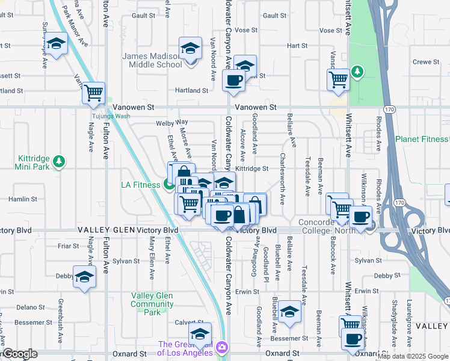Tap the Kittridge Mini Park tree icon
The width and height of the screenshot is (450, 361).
pyautogui.click(x=59, y=161)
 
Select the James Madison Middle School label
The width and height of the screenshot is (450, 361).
pyautogui.click(x=151, y=60)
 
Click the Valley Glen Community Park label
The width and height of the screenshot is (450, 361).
pyautogui.click(x=152, y=304)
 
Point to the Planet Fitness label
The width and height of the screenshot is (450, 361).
pyautogui.click(x=422, y=139)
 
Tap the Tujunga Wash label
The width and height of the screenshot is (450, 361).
pyautogui.click(x=111, y=116)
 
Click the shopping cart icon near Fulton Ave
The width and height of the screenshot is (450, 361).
pyautogui.click(x=93, y=93)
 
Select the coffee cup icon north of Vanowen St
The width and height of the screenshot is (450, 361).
pyautogui.click(x=233, y=80)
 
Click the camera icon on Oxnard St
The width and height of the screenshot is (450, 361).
pyautogui.click(x=222, y=347)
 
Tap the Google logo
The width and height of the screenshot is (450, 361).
pyautogui.click(x=19, y=354)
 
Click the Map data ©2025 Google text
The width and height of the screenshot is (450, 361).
pyautogui.click(x=413, y=357)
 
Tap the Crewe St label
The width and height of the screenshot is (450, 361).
pyautogui.click(x=425, y=62)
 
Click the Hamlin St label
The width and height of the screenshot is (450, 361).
pyautogui.click(x=23, y=199)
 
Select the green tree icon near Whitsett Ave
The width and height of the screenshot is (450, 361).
pyautogui.click(x=358, y=73)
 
